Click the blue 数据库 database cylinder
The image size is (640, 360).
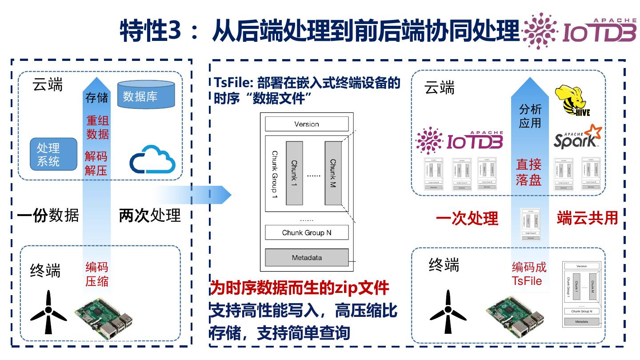click(x=146, y=94)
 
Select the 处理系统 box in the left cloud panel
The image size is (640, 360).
click(x=50, y=154)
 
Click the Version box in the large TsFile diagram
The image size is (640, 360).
click(x=307, y=124)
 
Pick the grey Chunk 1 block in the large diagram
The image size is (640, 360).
click(x=294, y=173)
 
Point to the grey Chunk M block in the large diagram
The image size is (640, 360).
click(x=333, y=173)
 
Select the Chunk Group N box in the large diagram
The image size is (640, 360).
click(x=307, y=232)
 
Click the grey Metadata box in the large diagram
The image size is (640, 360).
click(x=307, y=258)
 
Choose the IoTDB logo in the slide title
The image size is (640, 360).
click(x=580, y=31)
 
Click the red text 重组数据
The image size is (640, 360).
click(x=97, y=127)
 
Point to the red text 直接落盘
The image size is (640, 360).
click(x=528, y=172)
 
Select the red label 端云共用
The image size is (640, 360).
click(x=587, y=218)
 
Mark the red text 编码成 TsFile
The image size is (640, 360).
click(x=528, y=274)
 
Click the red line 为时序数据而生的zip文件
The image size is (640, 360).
click(x=300, y=288)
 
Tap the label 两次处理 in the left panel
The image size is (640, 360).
click(x=150, y=216)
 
